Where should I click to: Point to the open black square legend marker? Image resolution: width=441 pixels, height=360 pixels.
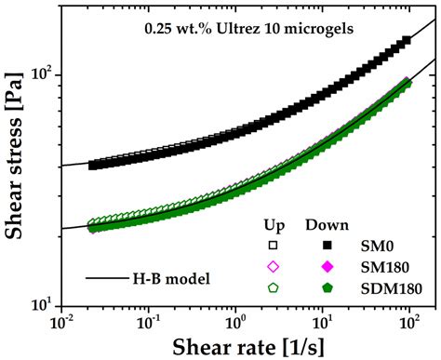pyautogui.click(x=274, y=247)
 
